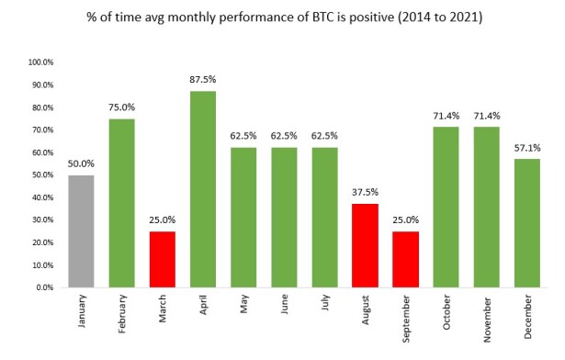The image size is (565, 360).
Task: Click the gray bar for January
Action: pyautogui.click(x=81, y=231)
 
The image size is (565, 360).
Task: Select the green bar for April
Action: pyautogui.click(x=203, y=189)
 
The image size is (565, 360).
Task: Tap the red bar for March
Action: pyautogui.click(x=163, y=260)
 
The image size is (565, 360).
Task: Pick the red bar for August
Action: pyautogui.click(x=365, y=246)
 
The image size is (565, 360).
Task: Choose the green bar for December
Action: pyautogui.click(x=527, y=223)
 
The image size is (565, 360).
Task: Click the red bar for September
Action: pyautogui.click(x=406, y=260)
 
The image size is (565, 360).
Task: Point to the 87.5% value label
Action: pyautogui.click(x=203, y=79)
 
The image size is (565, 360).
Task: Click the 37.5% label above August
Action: pyautogui.click(x=365, y=192)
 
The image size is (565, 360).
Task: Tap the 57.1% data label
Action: pyautogui.click(x=527, y=148)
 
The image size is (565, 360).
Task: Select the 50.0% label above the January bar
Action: pyautogui.click(x=81, y=164)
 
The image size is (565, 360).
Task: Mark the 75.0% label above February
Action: pyautogui.click(x=122, y=107)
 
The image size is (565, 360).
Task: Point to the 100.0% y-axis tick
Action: pyautogui.click(x=40, y=62)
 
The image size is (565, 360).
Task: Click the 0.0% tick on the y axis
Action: pyautogui.click(x=45, y=287)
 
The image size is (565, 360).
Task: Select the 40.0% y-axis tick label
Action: pyautogui.click(x=43, y=197)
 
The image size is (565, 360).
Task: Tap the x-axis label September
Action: pyautogui.click(x=406, y=319)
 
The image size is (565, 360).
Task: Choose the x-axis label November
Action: pyautogui.click(x=487, y=320)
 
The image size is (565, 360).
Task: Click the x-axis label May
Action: pyautogui.click(x=244, y=304)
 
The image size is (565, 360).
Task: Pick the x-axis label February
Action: pyautogui.click(x=122, y=314)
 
